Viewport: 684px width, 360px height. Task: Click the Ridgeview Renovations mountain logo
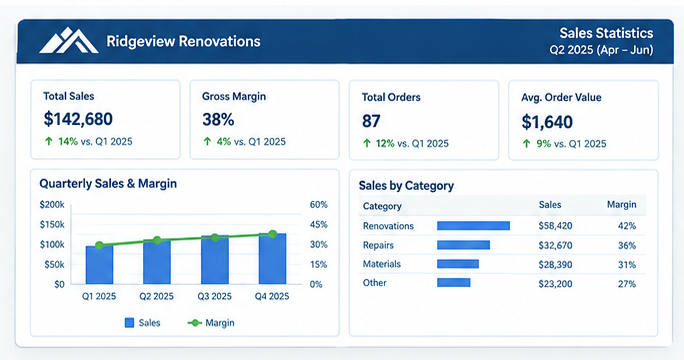(x=68, y=41)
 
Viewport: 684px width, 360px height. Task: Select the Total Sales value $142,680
(x=78, y=119)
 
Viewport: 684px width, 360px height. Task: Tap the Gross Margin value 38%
(x=218, y=120)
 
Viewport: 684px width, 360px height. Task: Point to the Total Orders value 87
(x=371, y=121)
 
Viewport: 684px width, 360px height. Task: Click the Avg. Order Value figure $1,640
(x=547, y=122)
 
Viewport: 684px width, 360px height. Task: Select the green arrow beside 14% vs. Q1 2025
(x=48, y=141)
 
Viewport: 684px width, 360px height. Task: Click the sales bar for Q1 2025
(x=99, y=265)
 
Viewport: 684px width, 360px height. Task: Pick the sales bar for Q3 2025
(x=215, y=260)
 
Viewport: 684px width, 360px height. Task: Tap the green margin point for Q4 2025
(x=273, y=234)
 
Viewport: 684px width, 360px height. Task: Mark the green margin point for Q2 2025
(x=157, y=240)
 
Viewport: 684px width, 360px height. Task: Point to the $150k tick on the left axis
(x=52, y=224)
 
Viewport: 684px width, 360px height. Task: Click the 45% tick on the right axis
(x=318, y=224)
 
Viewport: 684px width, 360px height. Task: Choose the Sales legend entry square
(x=129, y=323)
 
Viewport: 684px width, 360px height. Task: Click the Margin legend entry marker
(x=194, y=323)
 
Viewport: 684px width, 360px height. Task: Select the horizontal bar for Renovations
(x=473, y=226)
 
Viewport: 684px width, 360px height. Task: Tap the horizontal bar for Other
(x=454, y=283)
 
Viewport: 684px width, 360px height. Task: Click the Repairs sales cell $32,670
(x=555, y=245)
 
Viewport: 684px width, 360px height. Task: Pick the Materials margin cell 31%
(x=627, y=264)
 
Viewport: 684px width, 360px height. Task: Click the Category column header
(x=382, y=206)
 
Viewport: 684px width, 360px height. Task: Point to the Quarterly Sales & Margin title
(x=108, y=183)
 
